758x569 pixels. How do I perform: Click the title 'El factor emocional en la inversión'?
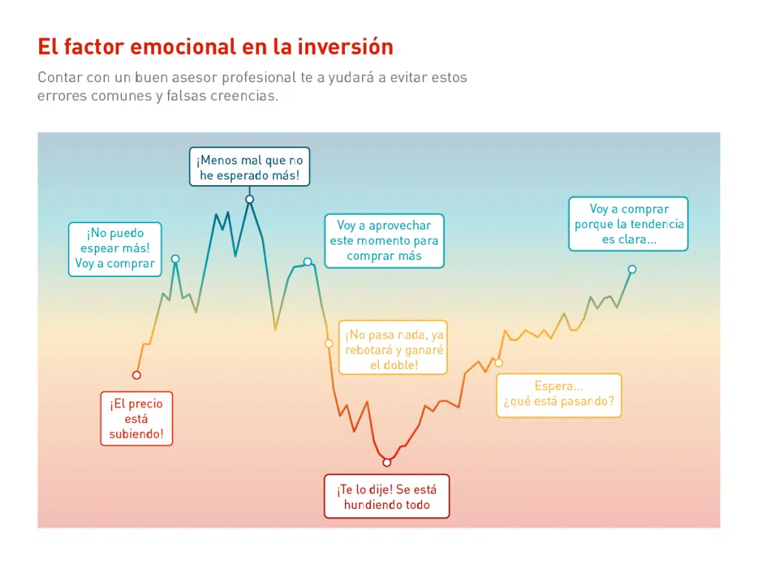pos(215,47)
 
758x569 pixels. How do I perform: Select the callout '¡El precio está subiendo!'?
pos(136,419)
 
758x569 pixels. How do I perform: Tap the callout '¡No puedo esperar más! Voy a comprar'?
pos(115,248)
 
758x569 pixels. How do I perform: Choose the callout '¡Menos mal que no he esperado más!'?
pos(249,167)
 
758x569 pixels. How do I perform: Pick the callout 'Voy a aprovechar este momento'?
pos(384,241)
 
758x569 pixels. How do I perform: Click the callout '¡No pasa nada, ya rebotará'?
pos(394,350)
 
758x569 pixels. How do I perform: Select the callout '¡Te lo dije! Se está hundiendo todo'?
pos(386,497)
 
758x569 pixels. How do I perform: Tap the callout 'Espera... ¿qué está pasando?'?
pos(558,394)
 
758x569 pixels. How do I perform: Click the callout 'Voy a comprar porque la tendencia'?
pos(629,224)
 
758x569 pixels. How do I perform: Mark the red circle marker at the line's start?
pos(136,375)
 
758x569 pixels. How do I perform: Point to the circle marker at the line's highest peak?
pos(249,199)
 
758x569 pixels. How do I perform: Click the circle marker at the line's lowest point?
pos(386,462)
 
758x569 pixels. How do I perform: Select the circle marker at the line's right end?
pos(631,269)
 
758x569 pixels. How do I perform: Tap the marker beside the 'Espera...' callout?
pos(499,362)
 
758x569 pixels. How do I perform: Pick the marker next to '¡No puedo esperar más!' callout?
pos(175,259)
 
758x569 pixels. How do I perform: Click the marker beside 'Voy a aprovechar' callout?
pos(308,262)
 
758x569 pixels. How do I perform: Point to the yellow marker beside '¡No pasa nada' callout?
pos(329,344)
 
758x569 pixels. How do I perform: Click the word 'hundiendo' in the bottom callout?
pos(373,505)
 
